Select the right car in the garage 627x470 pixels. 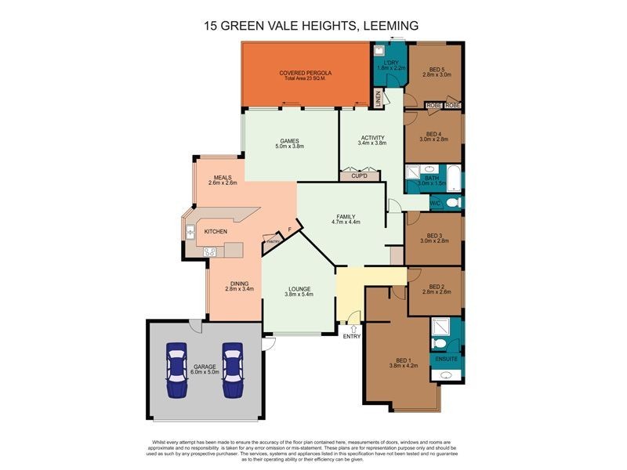(x=232, y=371)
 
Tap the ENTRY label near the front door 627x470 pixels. (x=352, y=336)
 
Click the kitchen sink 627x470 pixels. (x=190, y=231)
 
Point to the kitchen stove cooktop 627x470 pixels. (x=210, y=251)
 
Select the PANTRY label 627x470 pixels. (x=272, y=241)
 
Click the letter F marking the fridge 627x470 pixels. (x=289, y=230)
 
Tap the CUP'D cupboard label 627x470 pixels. (x=360, y=176)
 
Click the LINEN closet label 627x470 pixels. (x=377, y=99)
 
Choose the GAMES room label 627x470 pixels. (x=289, y=140)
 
